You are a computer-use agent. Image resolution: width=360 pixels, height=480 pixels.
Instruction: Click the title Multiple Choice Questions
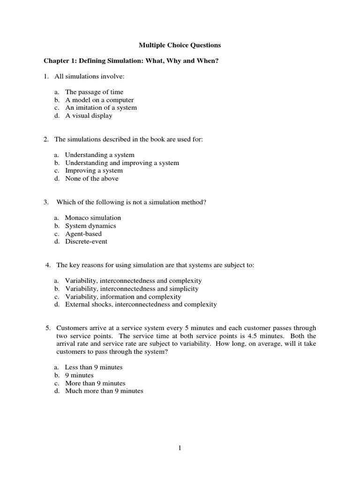[x=180, y=45]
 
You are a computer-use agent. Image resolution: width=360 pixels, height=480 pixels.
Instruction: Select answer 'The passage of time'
[x=94, y=92]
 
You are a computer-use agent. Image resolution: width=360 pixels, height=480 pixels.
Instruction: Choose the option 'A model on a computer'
[x=99, y=100]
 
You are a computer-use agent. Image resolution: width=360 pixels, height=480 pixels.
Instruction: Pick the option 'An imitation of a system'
[x=101, y=107]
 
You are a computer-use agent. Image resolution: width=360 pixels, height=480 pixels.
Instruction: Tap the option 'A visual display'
[x=89, y=115]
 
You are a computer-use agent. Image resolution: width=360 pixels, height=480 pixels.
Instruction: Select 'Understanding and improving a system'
[x=122, y=163]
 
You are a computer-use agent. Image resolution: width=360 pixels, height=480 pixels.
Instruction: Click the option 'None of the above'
[x=91, y=179]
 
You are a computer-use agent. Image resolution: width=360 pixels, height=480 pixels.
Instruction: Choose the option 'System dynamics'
[x=90, y=226]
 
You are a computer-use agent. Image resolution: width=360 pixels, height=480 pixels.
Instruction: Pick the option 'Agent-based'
[x=83, y=234]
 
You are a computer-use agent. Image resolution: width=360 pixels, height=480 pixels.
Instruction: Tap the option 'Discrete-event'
[x=86, y=242]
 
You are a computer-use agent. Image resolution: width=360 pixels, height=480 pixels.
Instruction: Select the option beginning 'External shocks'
[x=141, y=305]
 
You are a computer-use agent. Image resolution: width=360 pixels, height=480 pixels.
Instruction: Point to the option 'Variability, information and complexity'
[x=123, y=297]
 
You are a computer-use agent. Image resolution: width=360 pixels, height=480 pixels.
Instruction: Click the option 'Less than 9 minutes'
[x=93, y=367]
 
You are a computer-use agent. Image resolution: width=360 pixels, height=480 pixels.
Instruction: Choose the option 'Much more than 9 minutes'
[x=104, y=391]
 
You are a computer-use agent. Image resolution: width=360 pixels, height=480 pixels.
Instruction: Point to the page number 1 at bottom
[x=180, y=448]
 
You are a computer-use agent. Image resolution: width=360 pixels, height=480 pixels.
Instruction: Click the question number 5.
[x=47, y=328]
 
